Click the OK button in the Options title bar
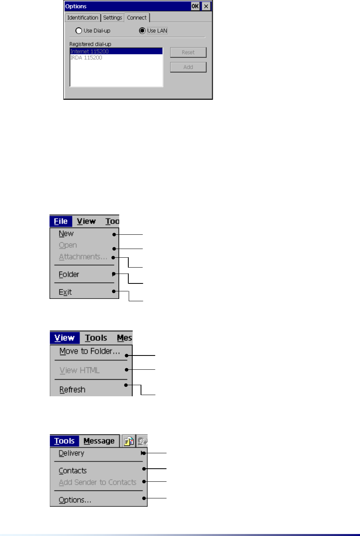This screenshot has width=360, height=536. coord(195,6)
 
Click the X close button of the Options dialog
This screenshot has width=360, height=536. coord(206,6)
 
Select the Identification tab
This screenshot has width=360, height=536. coord(82,18)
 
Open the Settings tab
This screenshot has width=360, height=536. coord(112,18)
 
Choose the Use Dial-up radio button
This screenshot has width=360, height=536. coord(79,31)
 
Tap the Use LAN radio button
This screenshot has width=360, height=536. coord(142,31)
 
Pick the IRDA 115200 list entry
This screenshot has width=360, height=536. coord(86,58)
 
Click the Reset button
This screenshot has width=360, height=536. coord(188,53)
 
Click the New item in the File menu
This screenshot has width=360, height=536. coord(66,234)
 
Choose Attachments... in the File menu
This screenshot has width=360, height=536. coord(83,257)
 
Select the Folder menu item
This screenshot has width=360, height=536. coord(69,274)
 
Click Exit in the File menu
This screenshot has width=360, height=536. coord(65,292)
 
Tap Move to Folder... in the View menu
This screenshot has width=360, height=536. coord(90,352)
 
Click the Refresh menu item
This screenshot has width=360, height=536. coord(72,390)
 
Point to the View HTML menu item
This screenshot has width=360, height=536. coord(80,371)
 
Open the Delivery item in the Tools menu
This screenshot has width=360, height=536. coord(72,453)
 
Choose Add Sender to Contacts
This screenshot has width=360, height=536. coord(97,482)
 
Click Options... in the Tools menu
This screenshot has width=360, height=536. coord(75,500)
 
